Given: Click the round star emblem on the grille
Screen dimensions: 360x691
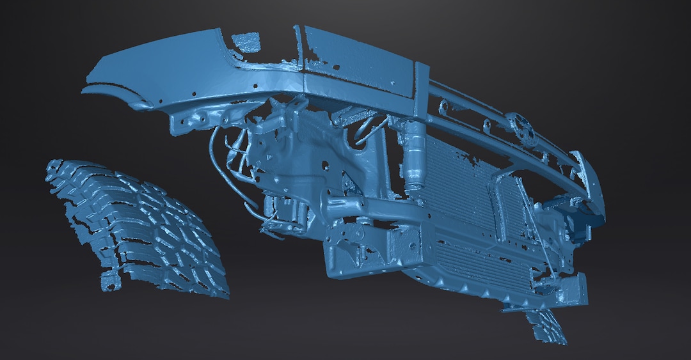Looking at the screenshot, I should [520, 129].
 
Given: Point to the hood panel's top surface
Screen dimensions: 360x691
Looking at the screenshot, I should [358, 61].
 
